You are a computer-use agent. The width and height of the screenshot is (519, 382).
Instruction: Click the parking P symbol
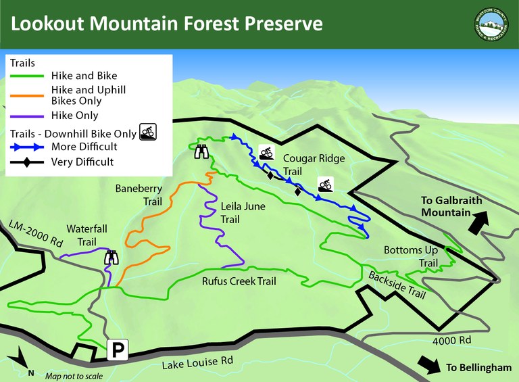(118, 350)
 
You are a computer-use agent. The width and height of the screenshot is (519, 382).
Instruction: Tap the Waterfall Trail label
(82, 234)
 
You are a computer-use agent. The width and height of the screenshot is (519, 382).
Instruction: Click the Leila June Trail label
(233, 212)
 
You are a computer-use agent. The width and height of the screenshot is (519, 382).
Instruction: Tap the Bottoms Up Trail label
(410, 256)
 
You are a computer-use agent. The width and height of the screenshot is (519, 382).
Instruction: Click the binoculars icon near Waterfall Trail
(112, 258)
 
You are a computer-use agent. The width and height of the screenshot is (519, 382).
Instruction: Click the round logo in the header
(491, 24)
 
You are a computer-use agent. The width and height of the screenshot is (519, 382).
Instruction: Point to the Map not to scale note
(74, 375)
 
